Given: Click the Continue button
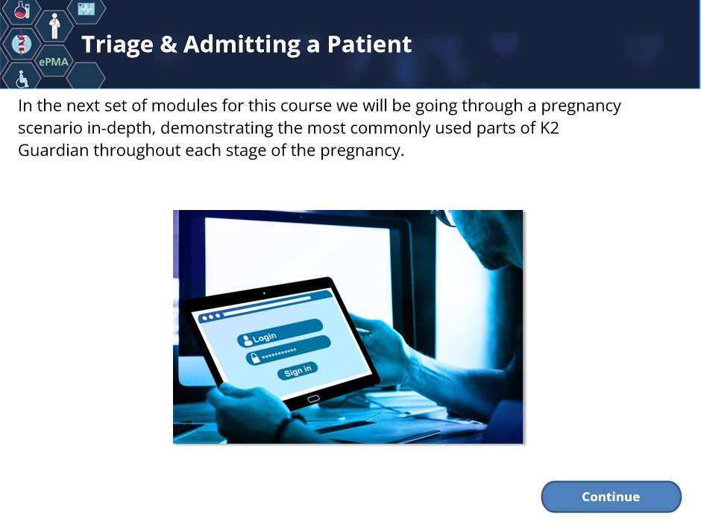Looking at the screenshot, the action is pyautogui.click(x=611, y=497).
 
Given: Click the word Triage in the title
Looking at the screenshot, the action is pyautogui.click(x=117, y=45).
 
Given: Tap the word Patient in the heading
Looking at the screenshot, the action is pyautogui.click(x=369, y=44).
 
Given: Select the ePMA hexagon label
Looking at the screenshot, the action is pyautogui.click(x=54, y=62).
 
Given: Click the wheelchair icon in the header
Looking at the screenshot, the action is pyautogui.click(x=22, y=79).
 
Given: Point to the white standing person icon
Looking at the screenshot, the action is pyautogui.click(x=54, y=26).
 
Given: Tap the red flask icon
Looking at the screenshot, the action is pyautogui.click(x=21, y=10).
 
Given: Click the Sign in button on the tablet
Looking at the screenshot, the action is pyautogui.click(x=298, y=371).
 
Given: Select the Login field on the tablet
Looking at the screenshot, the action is pyautogui.click(x=280, y=333).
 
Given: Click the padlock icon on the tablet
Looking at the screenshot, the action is pyautogui.click(x=255, y=357).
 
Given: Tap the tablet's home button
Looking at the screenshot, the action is pyautogui.click(x=313, y=398).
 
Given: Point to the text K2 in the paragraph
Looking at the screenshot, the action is pyautogui.click(x=550, y=128).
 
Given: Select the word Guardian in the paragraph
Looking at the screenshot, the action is pyautogui.click(x=53, y=150).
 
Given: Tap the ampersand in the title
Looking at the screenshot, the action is pyautogui.click(x=168, y=45).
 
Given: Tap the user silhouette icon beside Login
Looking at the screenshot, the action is pyautogui.click(x=246, y=340).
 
